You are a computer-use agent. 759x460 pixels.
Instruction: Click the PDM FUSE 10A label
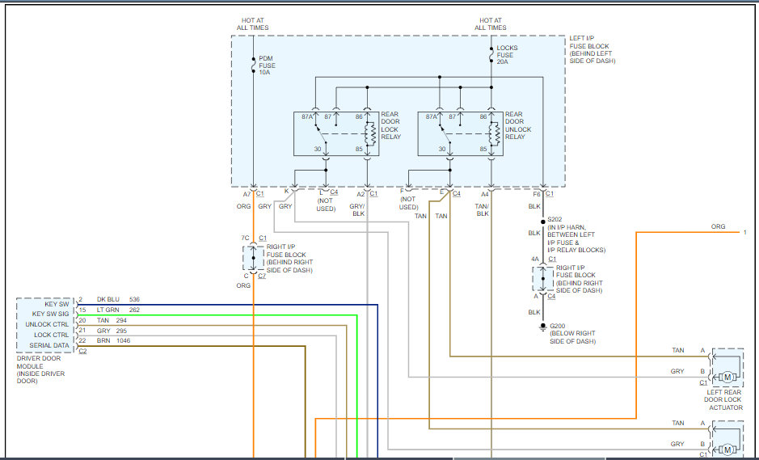265,65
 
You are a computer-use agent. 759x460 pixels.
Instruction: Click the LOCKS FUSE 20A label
508,55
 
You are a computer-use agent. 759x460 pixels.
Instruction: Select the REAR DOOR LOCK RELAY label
390,125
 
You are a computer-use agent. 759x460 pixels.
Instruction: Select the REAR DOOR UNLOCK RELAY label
519,125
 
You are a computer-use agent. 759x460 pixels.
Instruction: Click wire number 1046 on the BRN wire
122,340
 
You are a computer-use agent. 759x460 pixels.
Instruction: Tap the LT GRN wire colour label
108,310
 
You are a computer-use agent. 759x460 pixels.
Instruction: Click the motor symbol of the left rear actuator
727,377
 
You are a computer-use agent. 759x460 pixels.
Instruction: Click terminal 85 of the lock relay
358,149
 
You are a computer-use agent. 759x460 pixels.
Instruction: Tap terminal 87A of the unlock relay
432,116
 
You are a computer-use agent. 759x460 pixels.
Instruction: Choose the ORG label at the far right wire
718,227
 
